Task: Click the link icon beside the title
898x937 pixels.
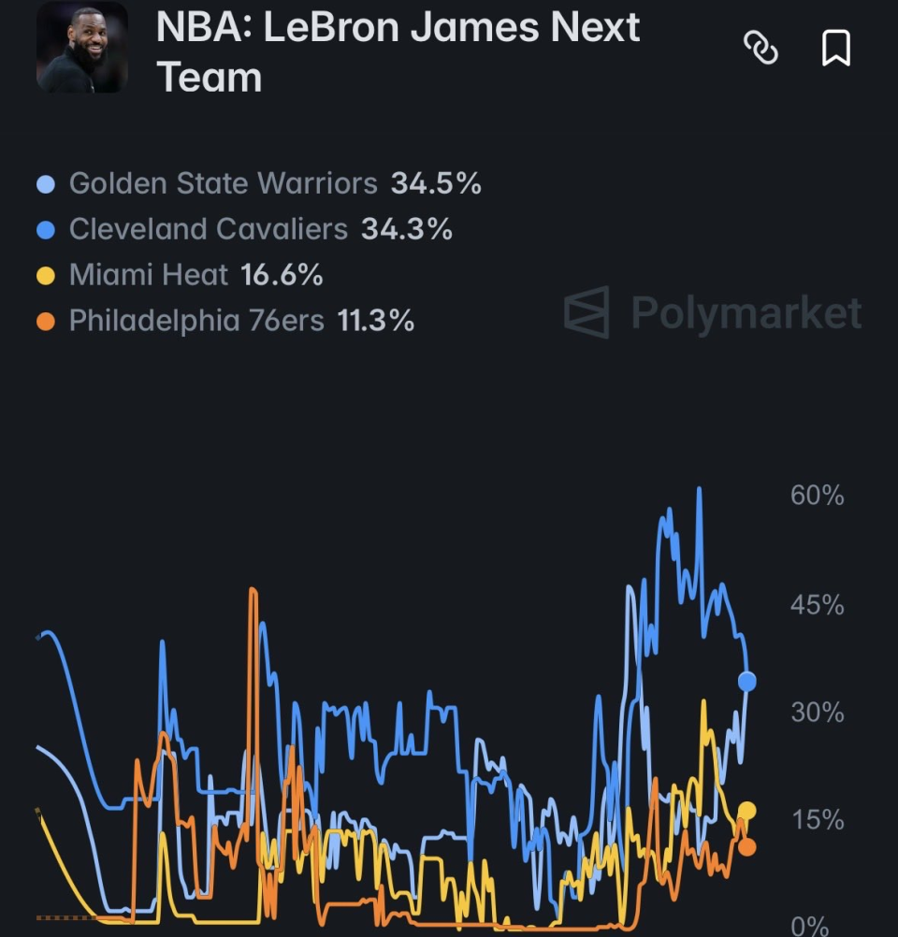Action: pos(760,47)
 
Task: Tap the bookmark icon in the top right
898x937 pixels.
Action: pos(836,47)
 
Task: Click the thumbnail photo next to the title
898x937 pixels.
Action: pos(82,47)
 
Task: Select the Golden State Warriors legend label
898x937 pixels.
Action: pos(223,183)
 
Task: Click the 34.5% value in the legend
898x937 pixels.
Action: pos(436,183)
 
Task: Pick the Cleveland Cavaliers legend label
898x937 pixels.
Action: pos(208,229)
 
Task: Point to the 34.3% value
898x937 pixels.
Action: pos(407,229)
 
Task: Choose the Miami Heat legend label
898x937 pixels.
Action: pos(149,275)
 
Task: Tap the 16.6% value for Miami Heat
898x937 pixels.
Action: pos(282,275)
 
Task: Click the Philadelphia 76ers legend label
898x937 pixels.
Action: pos(196,321)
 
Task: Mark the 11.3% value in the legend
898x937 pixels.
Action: pos(375,321)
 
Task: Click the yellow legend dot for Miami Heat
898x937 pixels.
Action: pos(46,276)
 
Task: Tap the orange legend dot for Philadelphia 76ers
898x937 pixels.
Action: pos(46,322)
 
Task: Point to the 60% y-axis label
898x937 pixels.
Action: pos(817,496)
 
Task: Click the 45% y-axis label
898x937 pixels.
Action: pos(817,605)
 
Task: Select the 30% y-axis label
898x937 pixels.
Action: pos(817,713)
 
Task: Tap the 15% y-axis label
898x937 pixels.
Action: pos(818,820)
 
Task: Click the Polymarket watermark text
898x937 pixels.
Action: pos(746,312)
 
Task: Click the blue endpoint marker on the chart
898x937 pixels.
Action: pos(746,681)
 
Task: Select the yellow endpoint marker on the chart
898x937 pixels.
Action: pos(746,811)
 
